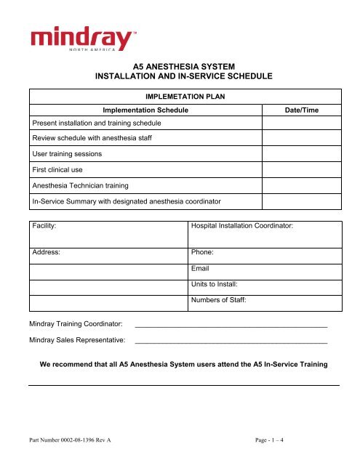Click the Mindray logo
pyautogui.click(x=81, y=38)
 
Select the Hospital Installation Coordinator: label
pyautogui.click(x=241, y=227)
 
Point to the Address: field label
pyautogui.click(x=46, y=254)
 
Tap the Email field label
pyautogui.click(x=200, y=269)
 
